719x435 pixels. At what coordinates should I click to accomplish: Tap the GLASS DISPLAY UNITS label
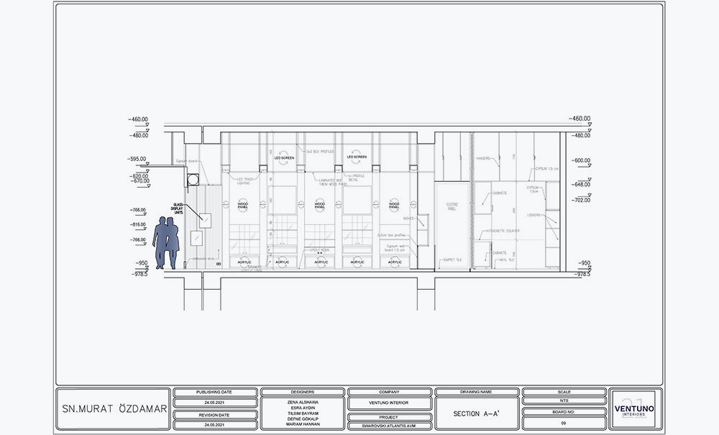(178, 209)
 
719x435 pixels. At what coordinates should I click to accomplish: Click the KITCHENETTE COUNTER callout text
(503, 231)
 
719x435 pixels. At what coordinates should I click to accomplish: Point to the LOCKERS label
(533, 214)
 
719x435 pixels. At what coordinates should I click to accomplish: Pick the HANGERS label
(483, 159)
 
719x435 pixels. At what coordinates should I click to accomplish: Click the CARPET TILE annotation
(453, 260)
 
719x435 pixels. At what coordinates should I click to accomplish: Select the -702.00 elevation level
(580, 201)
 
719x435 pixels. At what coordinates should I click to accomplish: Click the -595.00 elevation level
(137, 159)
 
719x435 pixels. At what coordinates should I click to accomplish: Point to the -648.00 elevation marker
(580, 184)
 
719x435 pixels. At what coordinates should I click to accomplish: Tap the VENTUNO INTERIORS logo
(631, 410)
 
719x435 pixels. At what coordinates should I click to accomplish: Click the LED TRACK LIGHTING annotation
(244, 180)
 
